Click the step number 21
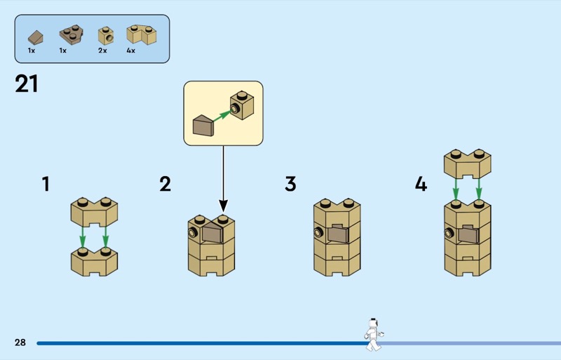pos(26,84)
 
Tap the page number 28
pos(20,342)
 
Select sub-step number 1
pos(46,185)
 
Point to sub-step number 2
pos(165,185)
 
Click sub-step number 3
pos(290,185)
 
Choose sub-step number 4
pos(420,185)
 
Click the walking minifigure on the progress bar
pos(373,333)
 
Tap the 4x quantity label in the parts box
pos(130,51)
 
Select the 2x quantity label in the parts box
pos(102,51)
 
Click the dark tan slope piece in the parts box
pos(35,36)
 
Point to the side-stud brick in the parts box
pos(105,34)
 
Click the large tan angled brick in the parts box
pos(140,34)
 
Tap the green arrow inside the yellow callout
pos(222,114)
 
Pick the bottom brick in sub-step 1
pos(94,261)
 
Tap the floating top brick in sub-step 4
pos(466,163)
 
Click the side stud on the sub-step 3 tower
pos(319,232)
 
